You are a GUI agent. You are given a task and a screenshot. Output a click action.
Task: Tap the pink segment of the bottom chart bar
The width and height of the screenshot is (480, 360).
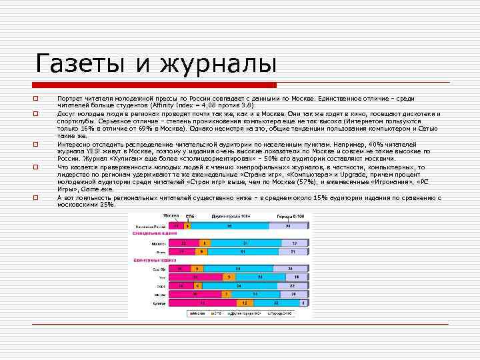coord(200,302)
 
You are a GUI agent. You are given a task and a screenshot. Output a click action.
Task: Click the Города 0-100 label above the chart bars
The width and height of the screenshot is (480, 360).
coord(292,217)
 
